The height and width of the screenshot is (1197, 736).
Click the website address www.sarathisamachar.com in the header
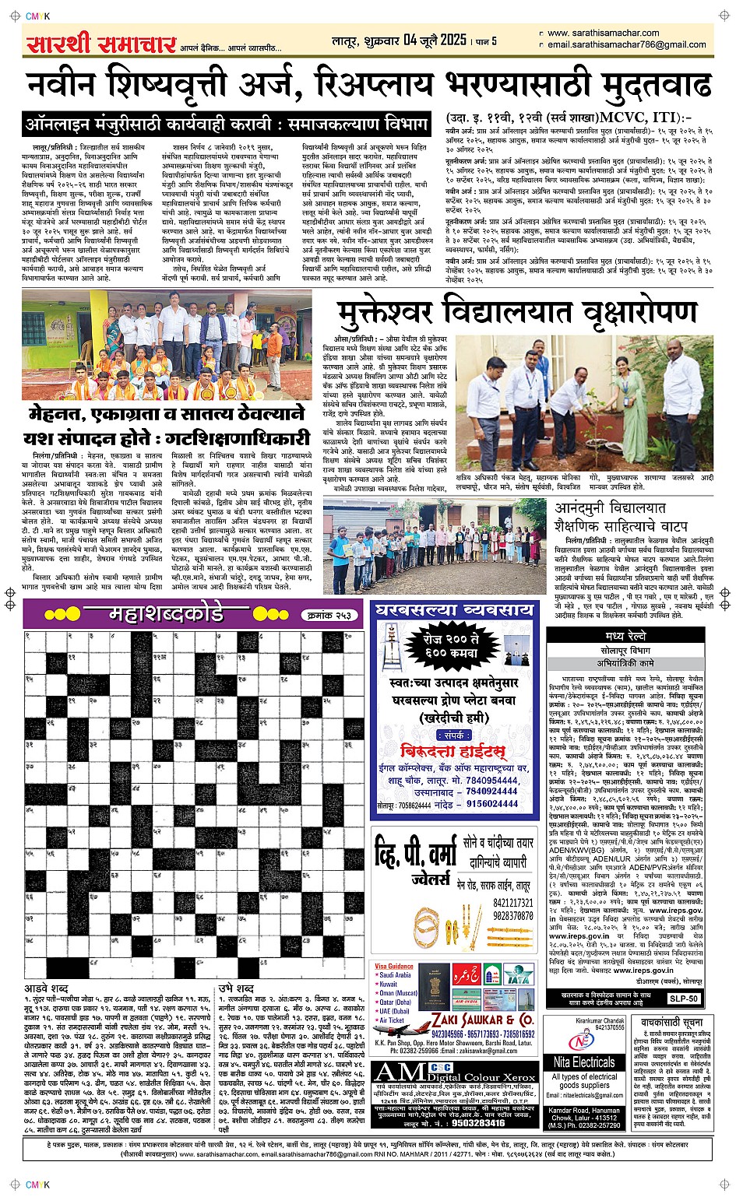click(603, 33)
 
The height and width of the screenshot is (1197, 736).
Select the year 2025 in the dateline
click(452, 40)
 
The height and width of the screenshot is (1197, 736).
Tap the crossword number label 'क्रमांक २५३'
click(330, 616)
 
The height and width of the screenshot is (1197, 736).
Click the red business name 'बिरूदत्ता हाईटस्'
click(453, 751)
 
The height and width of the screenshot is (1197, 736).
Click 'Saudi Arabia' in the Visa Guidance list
click(395, 974)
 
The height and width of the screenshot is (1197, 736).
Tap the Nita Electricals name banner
click(583, 1062)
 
